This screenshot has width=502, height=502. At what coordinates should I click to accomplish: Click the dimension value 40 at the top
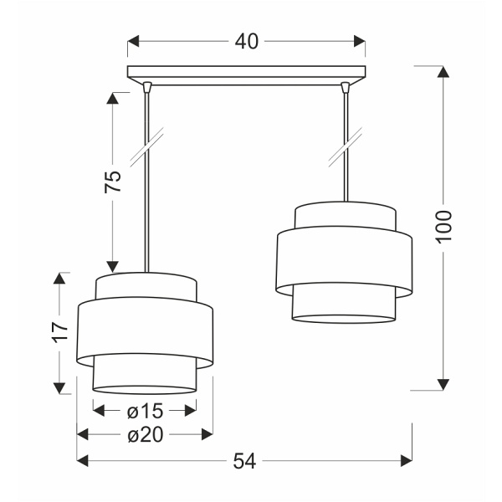(247, 41)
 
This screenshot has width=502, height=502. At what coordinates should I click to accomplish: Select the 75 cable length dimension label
(114, 182)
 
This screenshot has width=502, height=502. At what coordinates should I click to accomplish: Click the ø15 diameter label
(145, 410)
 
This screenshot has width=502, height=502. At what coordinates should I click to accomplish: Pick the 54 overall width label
(243, 459)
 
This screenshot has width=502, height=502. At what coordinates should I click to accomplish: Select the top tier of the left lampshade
(146, 286)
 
